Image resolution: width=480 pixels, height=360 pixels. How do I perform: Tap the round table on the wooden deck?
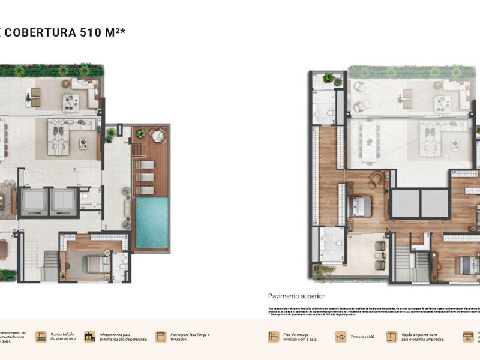click(x=157, y=136)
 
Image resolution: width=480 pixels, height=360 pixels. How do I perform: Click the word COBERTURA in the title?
click(x=39, y=32)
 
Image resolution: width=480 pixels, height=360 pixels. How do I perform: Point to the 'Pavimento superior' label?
click(x=296, y=296)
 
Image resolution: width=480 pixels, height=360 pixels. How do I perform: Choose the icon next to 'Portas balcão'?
click(x=41, y=337)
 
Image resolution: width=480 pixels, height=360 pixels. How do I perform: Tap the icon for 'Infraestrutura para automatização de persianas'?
click(x=89, y=337)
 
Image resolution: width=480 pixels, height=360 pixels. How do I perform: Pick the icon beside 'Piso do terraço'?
click(x=274, y=337)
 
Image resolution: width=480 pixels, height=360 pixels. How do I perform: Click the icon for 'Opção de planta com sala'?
click(x=392, y=337)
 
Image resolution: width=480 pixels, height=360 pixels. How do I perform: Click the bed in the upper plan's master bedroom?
click(x=359, y=206)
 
